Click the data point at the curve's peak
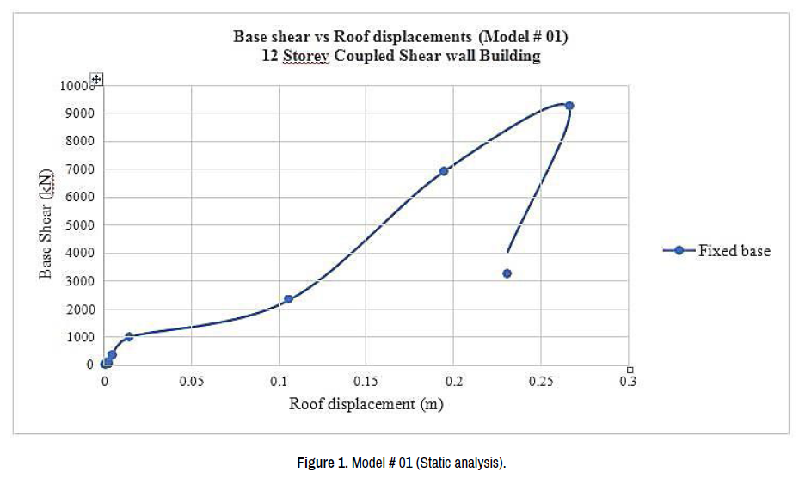click(x=569, y=106)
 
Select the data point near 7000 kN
click(x=444, y=171)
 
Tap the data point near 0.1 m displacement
click(x=288, y=299)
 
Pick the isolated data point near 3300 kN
click(x=507, y=273)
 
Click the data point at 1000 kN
click(x=129, y=337)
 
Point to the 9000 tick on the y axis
click(x=78, y=113)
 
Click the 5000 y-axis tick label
click(x=78, y=225)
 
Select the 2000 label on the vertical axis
click(x=78, y=309)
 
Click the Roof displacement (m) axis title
click(x=366, y=404)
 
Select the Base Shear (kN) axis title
click(x=46, y=224)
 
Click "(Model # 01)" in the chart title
click(x=522, y=37)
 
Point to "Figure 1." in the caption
click(x=322, y=463)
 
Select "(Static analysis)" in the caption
click(x=462, y=463)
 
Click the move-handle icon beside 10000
click(x=97, y=79)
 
